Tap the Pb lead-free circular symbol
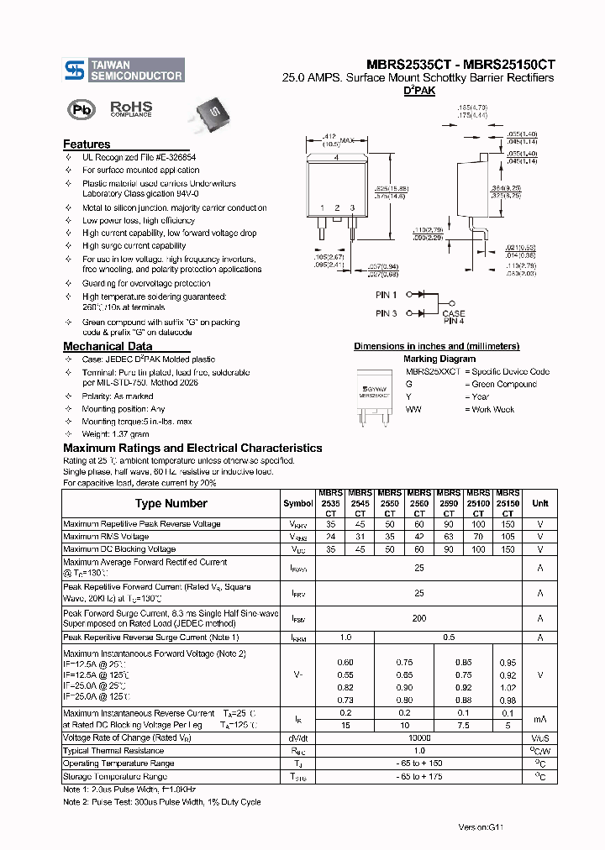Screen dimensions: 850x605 [x=82, y=110]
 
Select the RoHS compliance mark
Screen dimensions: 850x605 [x=131, y=109]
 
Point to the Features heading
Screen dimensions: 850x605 [x=87, y=144]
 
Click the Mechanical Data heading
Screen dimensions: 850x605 [x=108, y=346]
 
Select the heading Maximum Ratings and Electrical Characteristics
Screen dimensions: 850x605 [x=192, y=448]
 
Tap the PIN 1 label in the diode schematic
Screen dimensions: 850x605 [x=386, y=295]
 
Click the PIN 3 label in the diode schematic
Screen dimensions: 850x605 [x=386, y=313]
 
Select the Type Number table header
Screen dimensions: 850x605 [x=171, y=503]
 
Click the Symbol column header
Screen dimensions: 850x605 [x=297, y=503]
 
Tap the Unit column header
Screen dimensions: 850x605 [x=539, y=502]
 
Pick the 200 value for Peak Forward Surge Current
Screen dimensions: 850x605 [x=418, y=618]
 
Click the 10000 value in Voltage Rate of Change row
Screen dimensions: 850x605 [x=418, y=737]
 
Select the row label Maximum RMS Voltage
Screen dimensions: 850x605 [x=106, y=536]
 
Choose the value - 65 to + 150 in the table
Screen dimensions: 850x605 [x=418, y=763]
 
